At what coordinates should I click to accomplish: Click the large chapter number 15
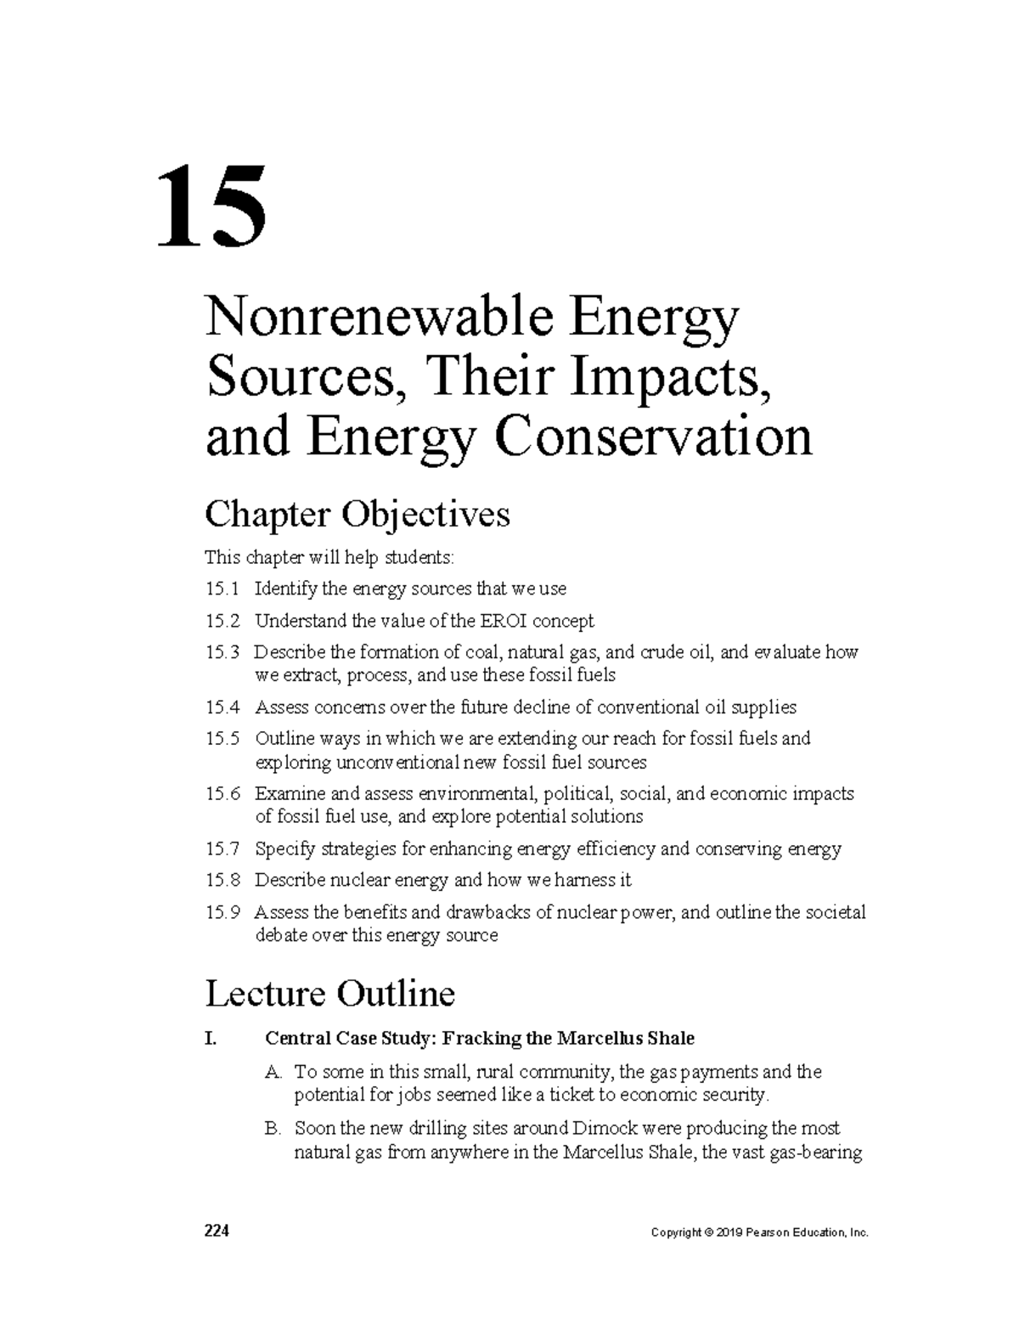[x=212, y=207]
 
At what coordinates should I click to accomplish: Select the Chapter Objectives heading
[x=357, y=515]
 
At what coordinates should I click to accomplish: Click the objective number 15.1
[x=222, y=589]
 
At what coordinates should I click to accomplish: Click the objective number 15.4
[x=222, y=707]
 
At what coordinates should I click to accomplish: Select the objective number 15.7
[x=222, y=848]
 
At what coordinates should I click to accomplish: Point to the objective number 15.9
[x=222, y=912]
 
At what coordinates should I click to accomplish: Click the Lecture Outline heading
[x=330, y=993]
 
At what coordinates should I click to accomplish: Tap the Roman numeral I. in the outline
[x=211, y=1038]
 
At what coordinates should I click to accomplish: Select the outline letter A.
[x=272, y=1072]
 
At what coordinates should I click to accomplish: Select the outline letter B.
[x=272, y=1129]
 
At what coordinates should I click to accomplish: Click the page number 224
[x=217, y=1232]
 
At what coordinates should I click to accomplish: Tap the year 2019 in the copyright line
[x=729, y=1233]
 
